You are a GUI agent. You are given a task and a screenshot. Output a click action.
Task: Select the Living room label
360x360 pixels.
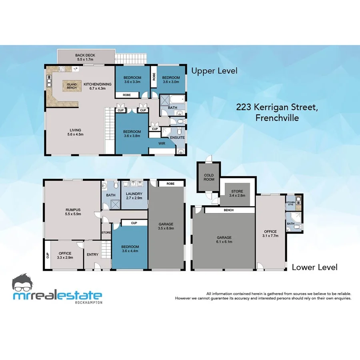[x=75, y=132]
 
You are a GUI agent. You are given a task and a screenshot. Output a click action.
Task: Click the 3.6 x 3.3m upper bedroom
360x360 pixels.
[x=132, y=80]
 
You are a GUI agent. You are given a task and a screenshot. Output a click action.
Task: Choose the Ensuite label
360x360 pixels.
[x=177, y=138]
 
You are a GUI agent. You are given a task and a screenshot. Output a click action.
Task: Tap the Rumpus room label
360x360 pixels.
[x=73, y=212]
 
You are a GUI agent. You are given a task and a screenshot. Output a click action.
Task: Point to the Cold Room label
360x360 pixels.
[x=209, y=177]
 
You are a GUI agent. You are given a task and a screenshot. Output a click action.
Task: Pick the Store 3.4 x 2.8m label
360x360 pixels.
[x=236, y=194]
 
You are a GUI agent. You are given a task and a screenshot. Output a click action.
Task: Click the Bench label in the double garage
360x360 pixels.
[x=229, y=210]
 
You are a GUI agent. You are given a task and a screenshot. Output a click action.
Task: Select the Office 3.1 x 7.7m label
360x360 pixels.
[x=270, y=234]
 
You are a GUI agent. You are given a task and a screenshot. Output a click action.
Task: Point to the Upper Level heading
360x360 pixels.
[x=214, y=71]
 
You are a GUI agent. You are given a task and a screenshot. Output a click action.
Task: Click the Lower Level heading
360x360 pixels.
[x=314, y=267]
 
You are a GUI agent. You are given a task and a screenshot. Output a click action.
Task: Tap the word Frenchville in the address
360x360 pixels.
[x=277, y=118]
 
